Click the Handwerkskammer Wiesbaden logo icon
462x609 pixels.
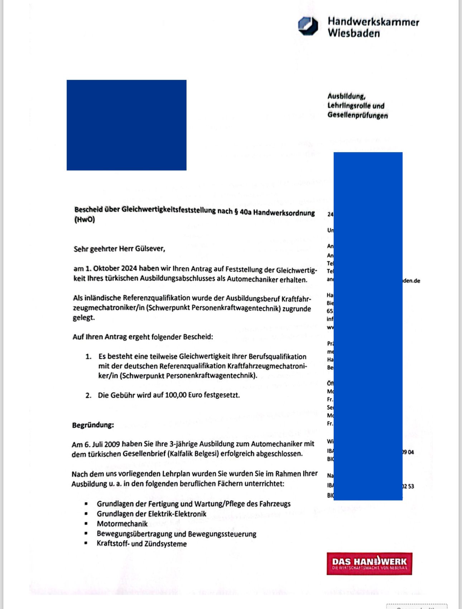click(x=308, y=26)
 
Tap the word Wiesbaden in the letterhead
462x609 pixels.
click(x=353, y=33)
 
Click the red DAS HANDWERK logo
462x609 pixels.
click(x=369, y=564)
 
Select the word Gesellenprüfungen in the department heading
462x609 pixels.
click(x=357, y=115)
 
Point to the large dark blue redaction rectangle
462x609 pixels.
click(x=126, y=125)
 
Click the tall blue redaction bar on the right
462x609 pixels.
click(x=368, y=326)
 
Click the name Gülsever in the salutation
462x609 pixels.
click(x=150, y=249)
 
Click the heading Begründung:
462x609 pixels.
click(x=93, y=425)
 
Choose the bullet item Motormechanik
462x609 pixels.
click(x=122, y=524)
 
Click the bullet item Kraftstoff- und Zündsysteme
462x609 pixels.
click(x=141, y=544)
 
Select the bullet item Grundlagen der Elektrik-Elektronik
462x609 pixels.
click(x=151, y=514)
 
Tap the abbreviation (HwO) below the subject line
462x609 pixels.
click(x=85, y=219)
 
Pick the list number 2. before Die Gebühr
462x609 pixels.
click(x=88, y=395)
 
